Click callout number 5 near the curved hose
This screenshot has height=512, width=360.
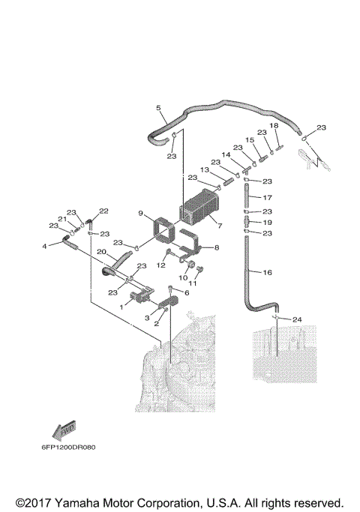[158, 108]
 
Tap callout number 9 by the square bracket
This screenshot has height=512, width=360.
[140, 214]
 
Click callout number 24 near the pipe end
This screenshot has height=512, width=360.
[297, 319]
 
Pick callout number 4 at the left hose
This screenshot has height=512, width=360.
[44, 246]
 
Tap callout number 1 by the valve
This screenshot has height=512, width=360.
[123, 307]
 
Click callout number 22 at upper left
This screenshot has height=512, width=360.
[104, 211]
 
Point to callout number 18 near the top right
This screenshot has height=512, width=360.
[274, 125]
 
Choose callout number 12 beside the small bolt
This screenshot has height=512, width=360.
[160, 265]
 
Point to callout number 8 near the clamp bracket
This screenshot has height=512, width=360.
[217, 247]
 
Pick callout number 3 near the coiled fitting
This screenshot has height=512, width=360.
[148, 318]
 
